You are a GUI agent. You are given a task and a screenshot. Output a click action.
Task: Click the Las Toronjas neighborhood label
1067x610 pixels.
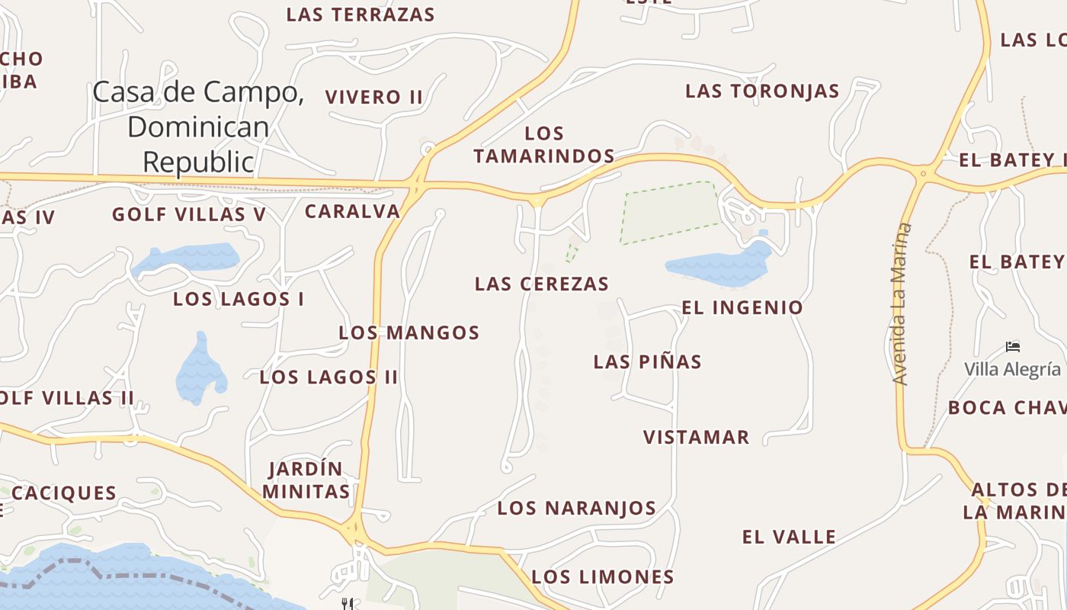pos(762,91)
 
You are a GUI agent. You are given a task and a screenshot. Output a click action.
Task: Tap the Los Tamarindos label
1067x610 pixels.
pos(544,145)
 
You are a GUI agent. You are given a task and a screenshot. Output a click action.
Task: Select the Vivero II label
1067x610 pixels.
pos(373,98)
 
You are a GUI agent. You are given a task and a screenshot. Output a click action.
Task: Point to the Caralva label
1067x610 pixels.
pos(353,211)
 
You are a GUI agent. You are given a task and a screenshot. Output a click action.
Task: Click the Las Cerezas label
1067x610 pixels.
pos(542,284)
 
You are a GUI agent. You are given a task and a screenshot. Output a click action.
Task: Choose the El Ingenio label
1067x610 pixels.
pos(742,308)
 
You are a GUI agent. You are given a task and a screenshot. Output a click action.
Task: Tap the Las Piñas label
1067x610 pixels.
pos(648,362)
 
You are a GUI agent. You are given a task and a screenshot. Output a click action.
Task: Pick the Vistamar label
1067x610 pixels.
pos(697,438)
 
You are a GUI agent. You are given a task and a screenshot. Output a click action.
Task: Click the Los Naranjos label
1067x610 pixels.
pos(577,509)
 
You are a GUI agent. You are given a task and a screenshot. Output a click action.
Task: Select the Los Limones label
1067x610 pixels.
pos(603,577)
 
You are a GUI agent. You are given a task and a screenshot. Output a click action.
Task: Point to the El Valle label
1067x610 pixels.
pos(789,537)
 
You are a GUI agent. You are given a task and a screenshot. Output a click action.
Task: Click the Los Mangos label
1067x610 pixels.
pos(409,332)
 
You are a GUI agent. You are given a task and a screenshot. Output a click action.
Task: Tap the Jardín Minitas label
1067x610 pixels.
pos(306,480)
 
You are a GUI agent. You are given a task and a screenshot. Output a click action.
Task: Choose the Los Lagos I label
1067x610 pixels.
pos(239,299)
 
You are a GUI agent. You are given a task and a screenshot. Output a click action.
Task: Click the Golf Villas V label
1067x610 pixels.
pos(189,215)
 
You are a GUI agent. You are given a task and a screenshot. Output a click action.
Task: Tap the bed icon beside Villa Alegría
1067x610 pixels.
pos(1013,347)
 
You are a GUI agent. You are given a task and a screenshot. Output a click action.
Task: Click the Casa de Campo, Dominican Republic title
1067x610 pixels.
pos(198,127)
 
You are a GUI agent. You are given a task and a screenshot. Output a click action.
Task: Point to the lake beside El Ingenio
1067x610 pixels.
pos(720,265)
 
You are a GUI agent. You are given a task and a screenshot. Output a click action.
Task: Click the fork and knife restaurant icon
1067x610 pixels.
pos(348,604)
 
